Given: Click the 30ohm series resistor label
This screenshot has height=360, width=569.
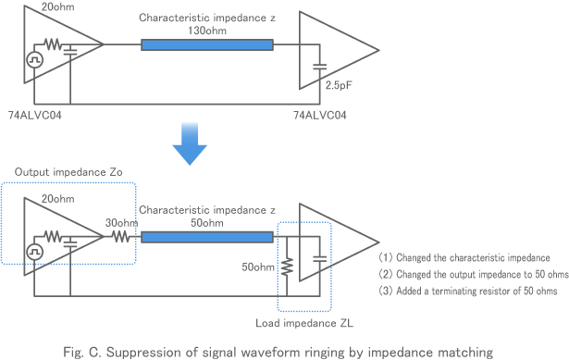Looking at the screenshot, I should [x=120, y=222].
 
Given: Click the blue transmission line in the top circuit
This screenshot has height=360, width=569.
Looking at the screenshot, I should [x=206, y=45].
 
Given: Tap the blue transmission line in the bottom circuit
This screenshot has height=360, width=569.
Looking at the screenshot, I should [x=206, y=237].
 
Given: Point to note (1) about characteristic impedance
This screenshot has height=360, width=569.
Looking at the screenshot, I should [x=464, y=256].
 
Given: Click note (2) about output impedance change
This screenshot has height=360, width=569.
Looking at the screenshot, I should [x=472, y=274].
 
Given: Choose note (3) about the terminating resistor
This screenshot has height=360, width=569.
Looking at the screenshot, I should [x=468, y=292].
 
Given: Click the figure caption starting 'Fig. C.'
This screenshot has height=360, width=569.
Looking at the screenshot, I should [x=284, y=351].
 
